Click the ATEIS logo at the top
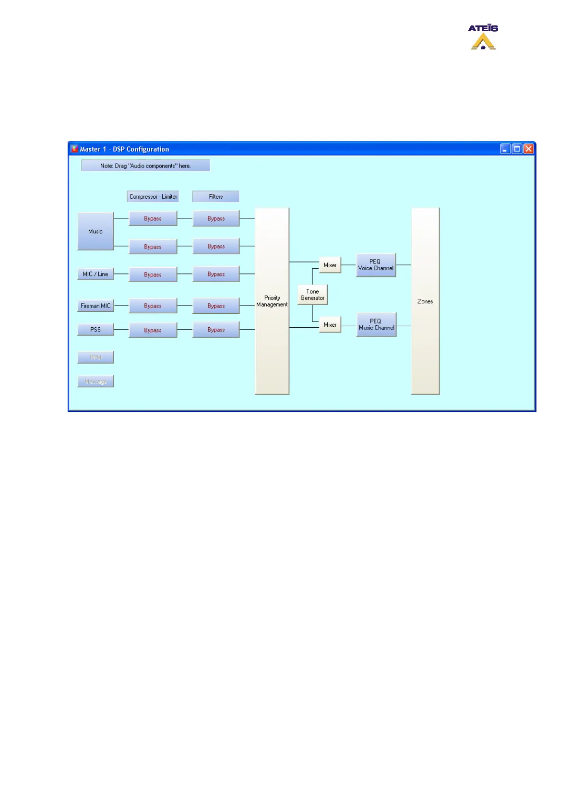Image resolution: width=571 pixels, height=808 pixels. [483, 37]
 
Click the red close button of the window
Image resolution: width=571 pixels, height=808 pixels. [528, 149]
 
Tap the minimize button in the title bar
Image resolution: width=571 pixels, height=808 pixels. [505, 149]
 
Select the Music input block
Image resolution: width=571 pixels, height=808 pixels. [95, 231]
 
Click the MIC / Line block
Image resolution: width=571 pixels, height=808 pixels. [95, 274]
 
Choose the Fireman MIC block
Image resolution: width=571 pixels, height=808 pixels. [95, 306]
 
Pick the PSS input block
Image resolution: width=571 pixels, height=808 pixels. [95, 330]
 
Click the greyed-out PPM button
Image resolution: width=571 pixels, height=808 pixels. [95, 357]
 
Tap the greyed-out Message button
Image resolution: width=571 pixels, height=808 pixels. [95, 381]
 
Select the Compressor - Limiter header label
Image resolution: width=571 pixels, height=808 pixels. [153, 197]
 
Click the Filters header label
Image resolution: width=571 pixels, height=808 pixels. [215, 197]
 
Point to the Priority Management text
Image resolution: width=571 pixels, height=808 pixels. [272, 301]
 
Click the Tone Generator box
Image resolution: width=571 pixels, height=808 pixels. [312, 295]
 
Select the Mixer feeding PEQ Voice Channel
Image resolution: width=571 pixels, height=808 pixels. [330, 265]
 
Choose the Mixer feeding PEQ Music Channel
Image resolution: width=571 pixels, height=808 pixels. [330, 325]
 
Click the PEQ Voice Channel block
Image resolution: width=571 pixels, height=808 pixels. [376, 265]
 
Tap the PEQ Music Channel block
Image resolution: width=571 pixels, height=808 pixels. [376, 325]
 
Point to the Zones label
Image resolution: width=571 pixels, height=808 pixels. [425, 301]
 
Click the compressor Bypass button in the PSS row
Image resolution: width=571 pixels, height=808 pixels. [153, 330]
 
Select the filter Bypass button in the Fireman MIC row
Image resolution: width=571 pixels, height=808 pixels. [216, 306]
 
